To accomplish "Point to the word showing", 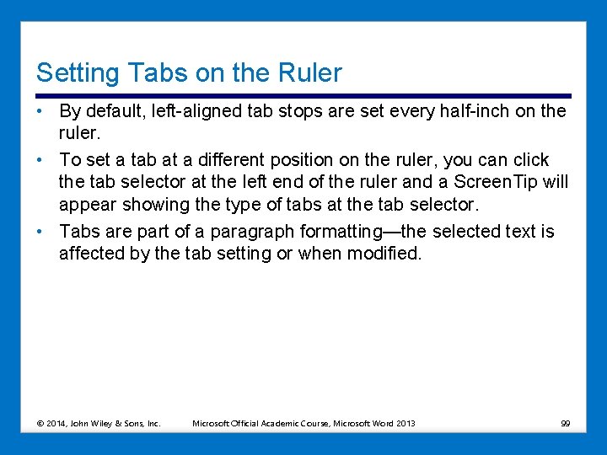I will pos(153,204).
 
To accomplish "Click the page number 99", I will pos(565,423).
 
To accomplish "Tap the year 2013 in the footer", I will pos(405,423).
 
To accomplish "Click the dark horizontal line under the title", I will pos(303,95).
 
